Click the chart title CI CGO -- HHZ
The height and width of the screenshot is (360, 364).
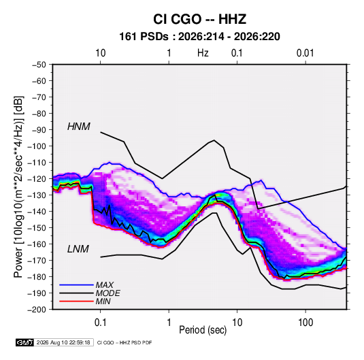[199, 19]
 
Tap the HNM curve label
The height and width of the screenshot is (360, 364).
[79, 127]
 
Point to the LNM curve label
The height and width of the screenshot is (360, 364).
[78, 249]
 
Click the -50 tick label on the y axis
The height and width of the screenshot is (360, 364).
[39, 65]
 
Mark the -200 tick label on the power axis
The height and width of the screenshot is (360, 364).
[37, 310]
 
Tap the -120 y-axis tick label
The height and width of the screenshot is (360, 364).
[37, 179]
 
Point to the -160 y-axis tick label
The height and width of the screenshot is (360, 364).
[37, 244]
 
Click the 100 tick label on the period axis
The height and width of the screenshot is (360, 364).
[305, 323]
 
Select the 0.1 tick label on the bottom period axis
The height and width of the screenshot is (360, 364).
[100, 323]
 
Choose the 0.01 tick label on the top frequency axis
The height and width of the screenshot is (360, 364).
[305, 53]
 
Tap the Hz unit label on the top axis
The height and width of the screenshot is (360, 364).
[203, 53]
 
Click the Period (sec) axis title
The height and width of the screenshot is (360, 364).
[203, 330]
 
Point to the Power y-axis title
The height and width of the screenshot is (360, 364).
[19, 187]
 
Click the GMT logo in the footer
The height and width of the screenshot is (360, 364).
[25, 342]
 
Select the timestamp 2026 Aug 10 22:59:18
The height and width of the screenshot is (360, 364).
[63, 342]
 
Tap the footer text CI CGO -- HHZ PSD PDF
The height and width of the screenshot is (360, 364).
[125, 343]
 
